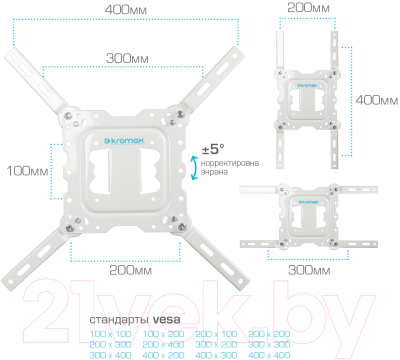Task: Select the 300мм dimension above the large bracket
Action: [123, 59]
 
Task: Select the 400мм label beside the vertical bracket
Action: [375, 100]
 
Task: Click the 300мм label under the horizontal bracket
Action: [309, 268]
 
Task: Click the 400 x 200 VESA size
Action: [164, 354]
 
